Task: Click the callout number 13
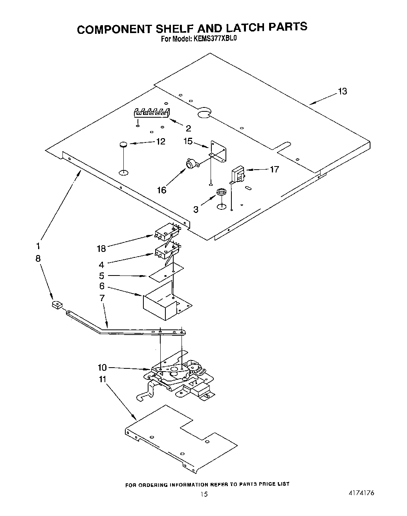click(x=342, y=91)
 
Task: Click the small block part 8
click(x=57, y=305)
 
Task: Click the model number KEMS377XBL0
click(x=215, y=39)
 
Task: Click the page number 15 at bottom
click(x=203, y=494)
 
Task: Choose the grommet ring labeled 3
click(x=222, y=192)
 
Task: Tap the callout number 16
click(x=161, y=190)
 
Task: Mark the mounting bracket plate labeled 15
click(x=219, y=152)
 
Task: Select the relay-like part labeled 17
click(x=238, y=174)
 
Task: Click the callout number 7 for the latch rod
click(x=102, y=298)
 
